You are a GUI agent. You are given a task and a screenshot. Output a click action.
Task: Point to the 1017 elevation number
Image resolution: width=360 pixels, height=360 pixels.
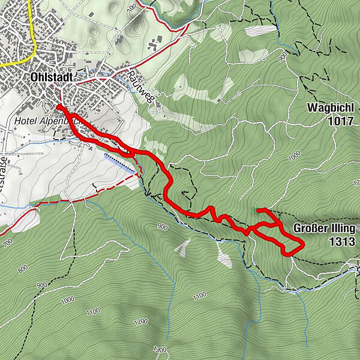tap(339, 121)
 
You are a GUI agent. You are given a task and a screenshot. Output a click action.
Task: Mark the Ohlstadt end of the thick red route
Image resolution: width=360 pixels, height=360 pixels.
tap(59, 107)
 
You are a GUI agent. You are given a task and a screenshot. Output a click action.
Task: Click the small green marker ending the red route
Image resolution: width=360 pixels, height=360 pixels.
tap(257, 210)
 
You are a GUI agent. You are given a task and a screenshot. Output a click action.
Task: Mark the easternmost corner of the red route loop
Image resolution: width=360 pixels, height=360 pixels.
tap(303, 244)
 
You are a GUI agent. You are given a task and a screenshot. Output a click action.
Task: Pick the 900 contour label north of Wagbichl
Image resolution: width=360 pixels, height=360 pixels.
tap(283, 57)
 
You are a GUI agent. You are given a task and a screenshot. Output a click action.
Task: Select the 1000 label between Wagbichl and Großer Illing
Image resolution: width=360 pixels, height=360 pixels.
tap(294, 157)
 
